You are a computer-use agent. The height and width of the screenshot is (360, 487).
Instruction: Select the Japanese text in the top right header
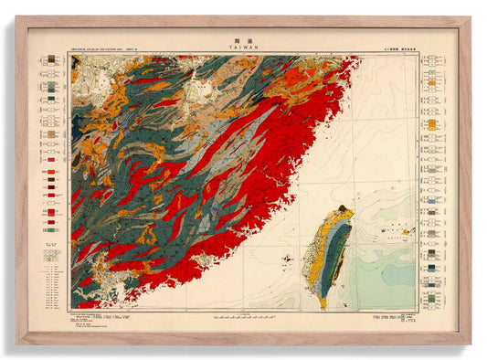click(x=393, y=48)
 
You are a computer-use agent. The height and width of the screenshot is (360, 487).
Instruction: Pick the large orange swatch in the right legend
click(x=429, y=123)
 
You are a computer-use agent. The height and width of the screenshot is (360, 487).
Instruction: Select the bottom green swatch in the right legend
click(x=429, y=297)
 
